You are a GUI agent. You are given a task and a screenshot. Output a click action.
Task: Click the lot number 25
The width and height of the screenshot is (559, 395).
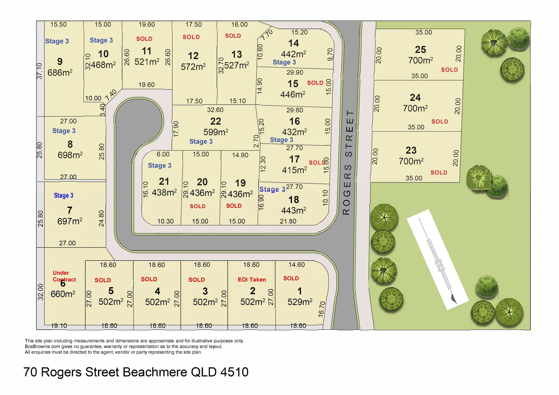pos(420,50)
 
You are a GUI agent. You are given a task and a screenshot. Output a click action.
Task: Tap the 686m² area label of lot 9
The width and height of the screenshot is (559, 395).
pos(60,73)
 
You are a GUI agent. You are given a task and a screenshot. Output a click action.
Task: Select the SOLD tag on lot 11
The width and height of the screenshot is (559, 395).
pos(144,39)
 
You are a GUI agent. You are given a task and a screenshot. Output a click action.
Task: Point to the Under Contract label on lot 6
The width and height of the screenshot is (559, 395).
pos(64,276)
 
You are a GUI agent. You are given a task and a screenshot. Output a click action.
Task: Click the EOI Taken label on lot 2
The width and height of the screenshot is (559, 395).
pos(252,279)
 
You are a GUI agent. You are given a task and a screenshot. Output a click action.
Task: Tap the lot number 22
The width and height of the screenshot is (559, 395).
pos(215,121)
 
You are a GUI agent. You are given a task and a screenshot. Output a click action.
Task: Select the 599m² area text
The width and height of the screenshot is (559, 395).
pos(215,132)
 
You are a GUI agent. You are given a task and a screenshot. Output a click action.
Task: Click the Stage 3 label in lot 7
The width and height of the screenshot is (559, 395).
pos(64,196)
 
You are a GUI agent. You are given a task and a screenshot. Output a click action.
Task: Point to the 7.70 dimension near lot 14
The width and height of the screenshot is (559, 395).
pos(267,35)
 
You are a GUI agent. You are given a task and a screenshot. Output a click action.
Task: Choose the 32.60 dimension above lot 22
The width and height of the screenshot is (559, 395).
pos(215,110)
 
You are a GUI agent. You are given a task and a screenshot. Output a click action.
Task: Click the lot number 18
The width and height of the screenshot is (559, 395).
pos(293,200)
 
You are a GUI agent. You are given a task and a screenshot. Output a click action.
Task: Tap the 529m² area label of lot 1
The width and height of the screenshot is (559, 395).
pos(300,302)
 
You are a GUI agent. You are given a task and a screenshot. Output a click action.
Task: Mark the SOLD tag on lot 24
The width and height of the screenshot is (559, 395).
pos(439,121)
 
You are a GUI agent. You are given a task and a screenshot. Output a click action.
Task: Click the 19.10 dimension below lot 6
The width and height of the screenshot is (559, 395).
pos(59,326)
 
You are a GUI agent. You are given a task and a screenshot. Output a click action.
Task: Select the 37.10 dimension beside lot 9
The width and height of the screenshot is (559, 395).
pos(40,71)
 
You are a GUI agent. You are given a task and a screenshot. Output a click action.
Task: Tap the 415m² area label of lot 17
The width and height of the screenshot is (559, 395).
pos(294,170)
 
